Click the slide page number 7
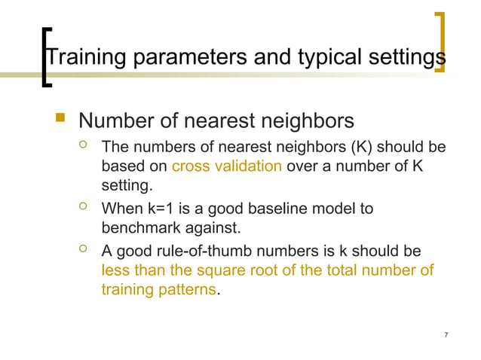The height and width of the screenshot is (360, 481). point(447,334)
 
